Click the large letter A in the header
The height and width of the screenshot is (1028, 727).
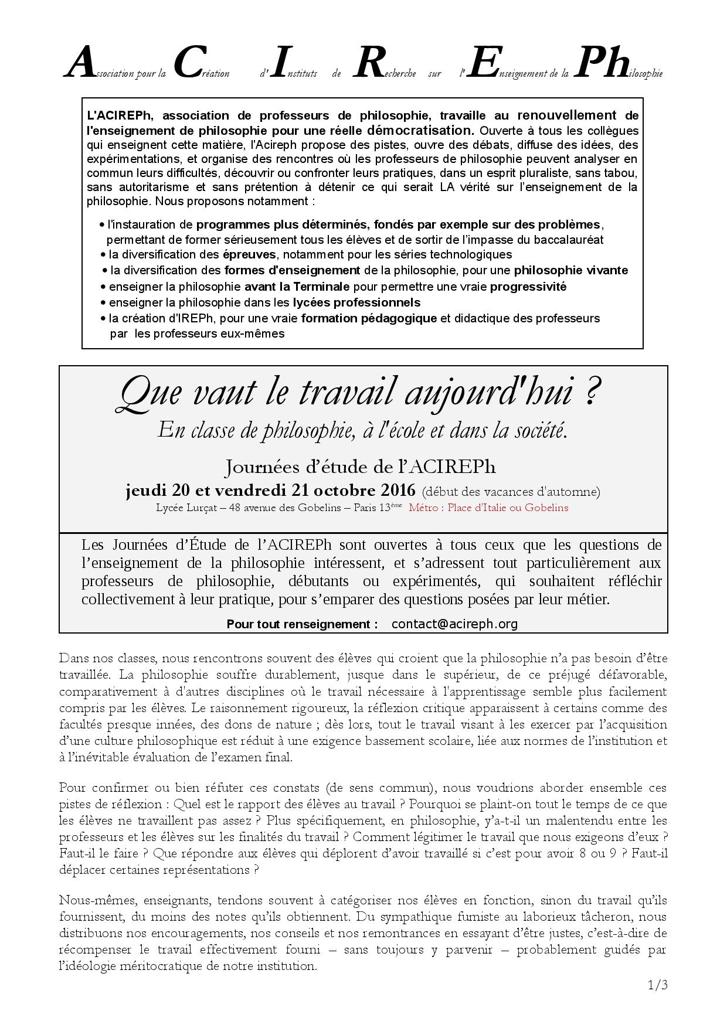click(80, 63)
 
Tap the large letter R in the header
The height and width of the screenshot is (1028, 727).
click(370, 63)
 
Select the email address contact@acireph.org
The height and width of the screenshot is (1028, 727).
click(454, 624)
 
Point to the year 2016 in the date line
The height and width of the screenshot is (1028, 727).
click(398, 490)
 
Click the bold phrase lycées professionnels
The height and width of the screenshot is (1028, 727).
click(356, 302)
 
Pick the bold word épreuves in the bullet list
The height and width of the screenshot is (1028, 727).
click(249, 254)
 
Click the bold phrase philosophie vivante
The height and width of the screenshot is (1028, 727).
click(571, 270)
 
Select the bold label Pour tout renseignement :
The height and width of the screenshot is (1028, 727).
click(302, 624)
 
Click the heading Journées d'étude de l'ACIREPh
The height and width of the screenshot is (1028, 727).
click(361, 467)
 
